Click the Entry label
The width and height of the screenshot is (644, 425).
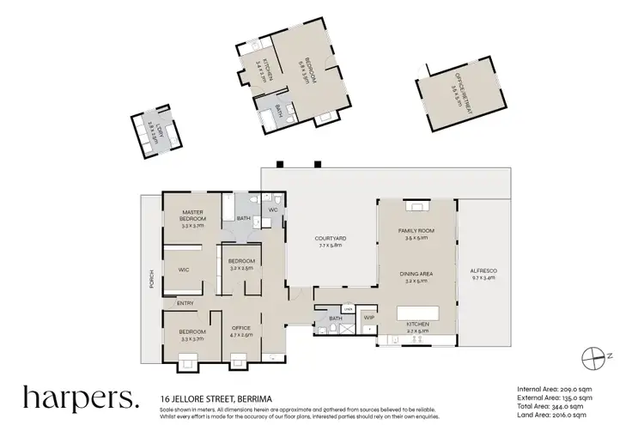point(184,303)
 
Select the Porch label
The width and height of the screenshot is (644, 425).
point(152,281)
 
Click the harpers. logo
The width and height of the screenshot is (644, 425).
point(80,398)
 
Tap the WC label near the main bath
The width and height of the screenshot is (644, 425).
point(273,209)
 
